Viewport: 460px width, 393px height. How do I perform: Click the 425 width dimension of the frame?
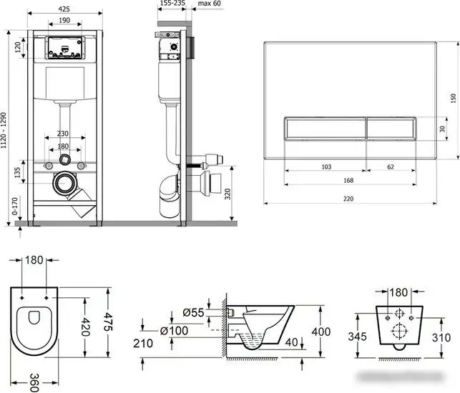(64, 9)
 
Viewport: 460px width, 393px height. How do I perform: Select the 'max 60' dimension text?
(209, 4)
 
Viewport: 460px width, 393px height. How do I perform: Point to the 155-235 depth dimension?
(173, 3)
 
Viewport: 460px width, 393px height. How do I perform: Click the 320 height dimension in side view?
(228, 194)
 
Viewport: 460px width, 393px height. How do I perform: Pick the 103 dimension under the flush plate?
(326, 166)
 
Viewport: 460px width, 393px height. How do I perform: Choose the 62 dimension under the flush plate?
(391, 166)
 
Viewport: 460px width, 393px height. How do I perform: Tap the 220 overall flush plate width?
(348, 199)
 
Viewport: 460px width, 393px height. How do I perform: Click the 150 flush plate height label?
(454, 98)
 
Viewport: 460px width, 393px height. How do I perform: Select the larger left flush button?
(325, 129)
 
